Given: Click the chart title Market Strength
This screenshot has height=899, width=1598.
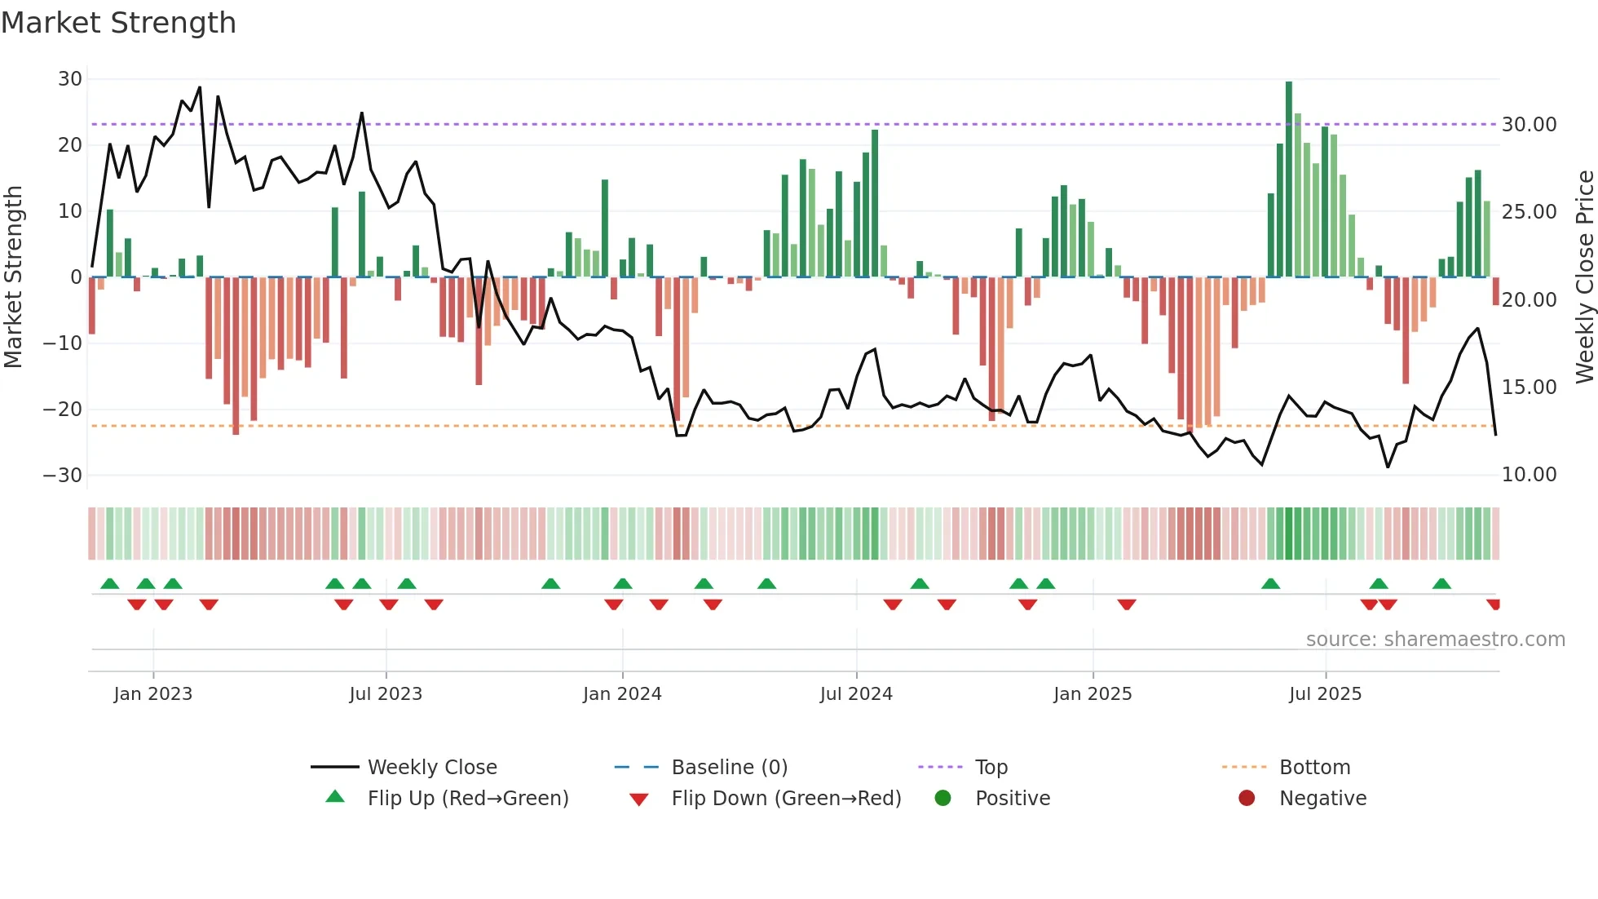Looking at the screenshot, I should [118, 23].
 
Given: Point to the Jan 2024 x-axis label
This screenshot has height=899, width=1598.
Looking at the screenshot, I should [622, 694].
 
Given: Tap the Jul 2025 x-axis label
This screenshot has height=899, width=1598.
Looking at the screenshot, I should [1325, 694].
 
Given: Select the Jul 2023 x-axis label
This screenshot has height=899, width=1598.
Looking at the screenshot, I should [386, 694].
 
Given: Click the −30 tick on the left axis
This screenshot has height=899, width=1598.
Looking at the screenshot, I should [63, 476].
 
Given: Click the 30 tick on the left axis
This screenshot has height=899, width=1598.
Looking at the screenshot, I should [70, 79].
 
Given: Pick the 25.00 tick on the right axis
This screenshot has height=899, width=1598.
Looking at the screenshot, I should [1530, 212].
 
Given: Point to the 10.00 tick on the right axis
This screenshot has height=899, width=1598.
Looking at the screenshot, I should [1530, 475].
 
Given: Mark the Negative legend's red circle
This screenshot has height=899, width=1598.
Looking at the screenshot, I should [1247, 799].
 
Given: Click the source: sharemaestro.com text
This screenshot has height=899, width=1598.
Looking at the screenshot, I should [1435, 640].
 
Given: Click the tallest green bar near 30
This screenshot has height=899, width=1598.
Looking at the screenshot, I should [1289, 179].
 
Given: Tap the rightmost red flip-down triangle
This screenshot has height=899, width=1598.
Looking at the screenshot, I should [1494, 604].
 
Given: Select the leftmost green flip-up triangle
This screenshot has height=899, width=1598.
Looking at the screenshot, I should [109, 583].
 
